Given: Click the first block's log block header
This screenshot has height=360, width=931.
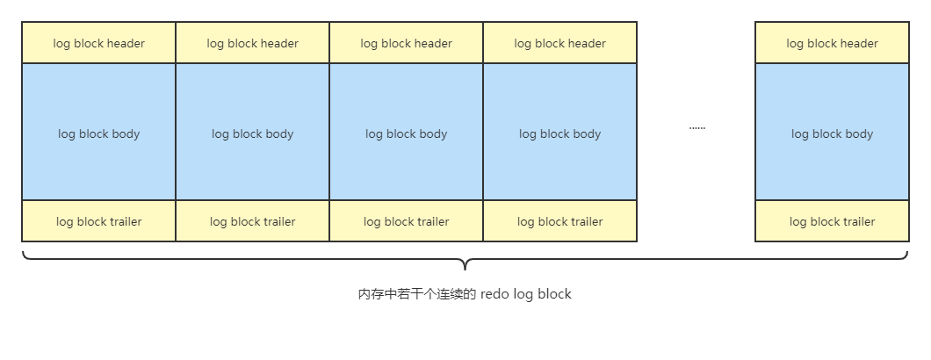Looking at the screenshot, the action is coord(98,43).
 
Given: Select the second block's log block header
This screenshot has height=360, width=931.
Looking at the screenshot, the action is coord(252,43).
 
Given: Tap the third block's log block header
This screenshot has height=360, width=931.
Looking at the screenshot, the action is coord(406,43).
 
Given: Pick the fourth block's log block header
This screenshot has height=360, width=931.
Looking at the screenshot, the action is coord(559,43).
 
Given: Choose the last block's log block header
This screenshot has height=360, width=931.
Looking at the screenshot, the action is coord(832,43).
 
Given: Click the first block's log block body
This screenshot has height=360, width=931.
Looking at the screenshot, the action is coord(98,132).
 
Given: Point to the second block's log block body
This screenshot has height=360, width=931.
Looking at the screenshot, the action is coord(252,132).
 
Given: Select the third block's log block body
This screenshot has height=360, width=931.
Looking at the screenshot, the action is coord(406,132).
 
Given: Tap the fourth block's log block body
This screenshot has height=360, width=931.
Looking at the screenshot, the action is coord(559,132).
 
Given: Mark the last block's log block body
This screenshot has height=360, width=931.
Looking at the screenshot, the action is coord(832,132).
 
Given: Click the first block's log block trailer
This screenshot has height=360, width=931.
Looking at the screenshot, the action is coord(98,221).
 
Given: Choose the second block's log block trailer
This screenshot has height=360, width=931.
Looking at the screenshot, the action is coord(252,221).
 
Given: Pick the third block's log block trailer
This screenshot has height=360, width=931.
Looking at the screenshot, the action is coord(406,221).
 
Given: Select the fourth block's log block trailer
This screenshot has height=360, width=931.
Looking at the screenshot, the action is coord(559,221).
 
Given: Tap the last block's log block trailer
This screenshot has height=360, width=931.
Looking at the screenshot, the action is coord(832,221).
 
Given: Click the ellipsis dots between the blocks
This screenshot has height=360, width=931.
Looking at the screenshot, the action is coord(697,128).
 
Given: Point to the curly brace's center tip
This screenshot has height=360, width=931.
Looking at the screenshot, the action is coord(465,269).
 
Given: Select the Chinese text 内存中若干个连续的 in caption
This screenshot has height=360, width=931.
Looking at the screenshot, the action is coord(417,294).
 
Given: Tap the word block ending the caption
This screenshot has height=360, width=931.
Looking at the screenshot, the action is coord(556,294).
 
